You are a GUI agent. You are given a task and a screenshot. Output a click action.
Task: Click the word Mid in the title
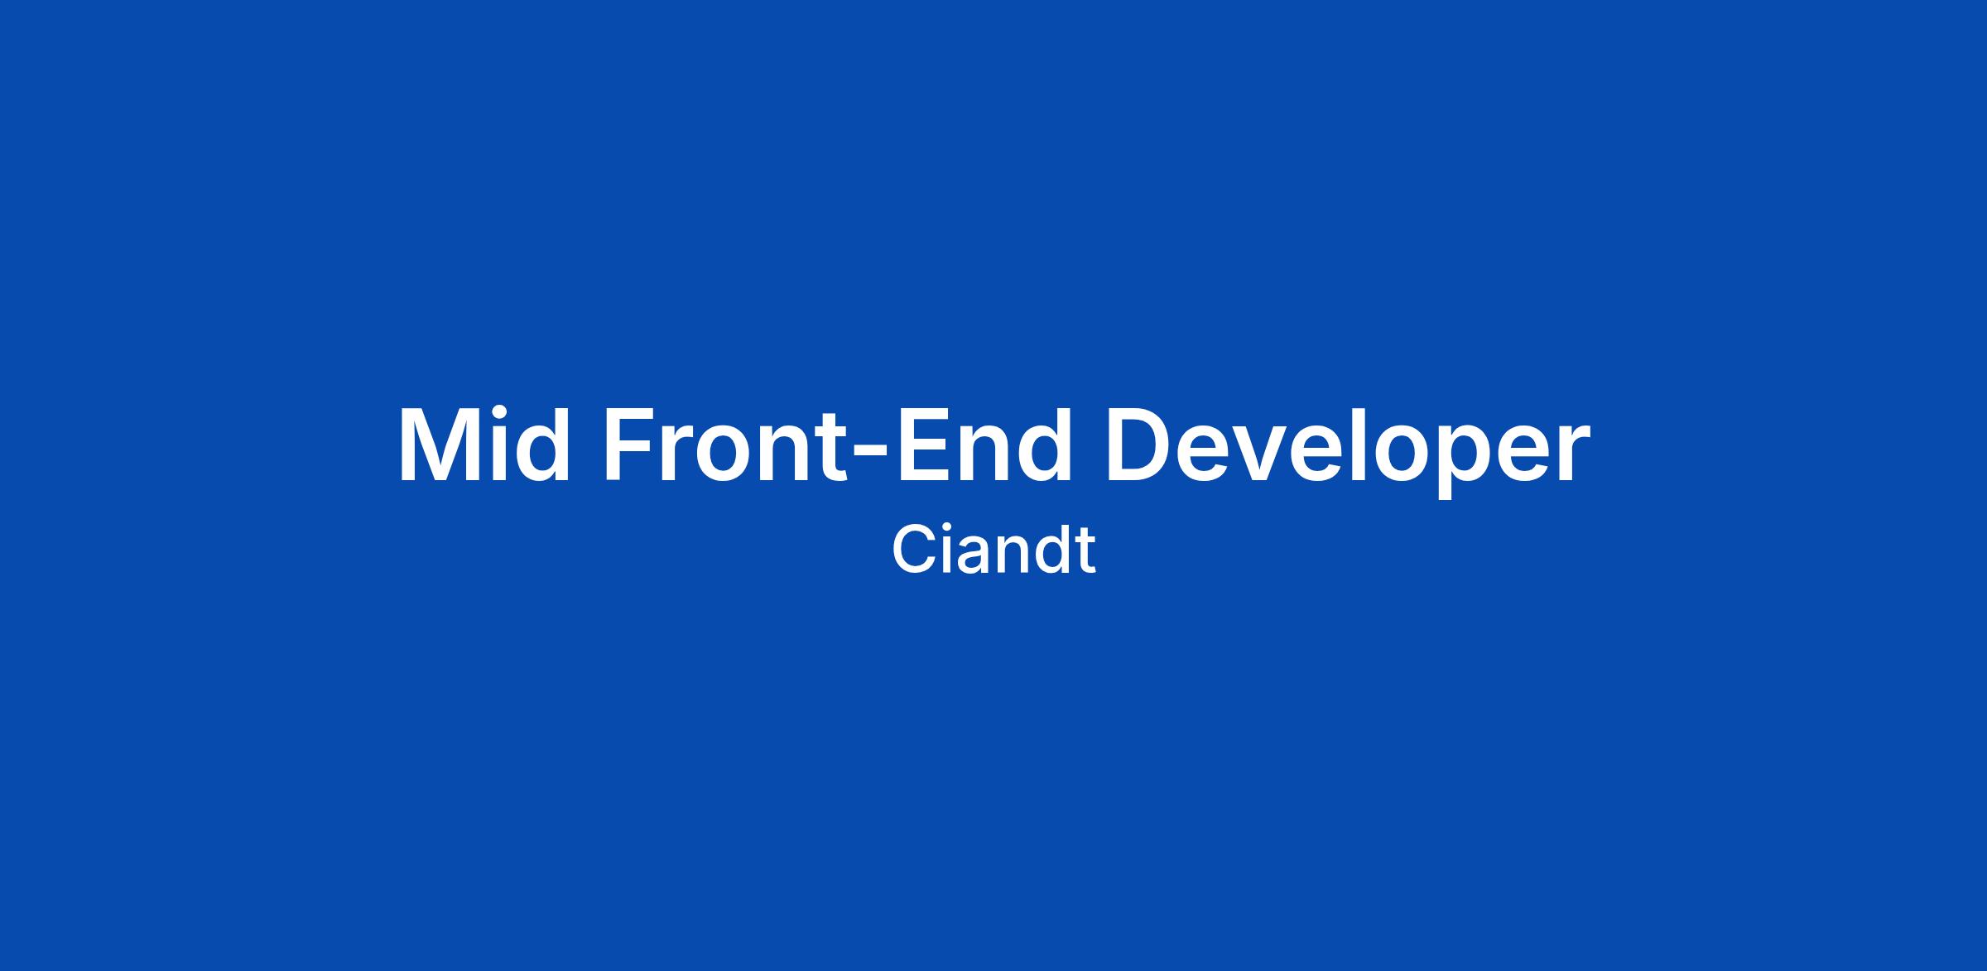(484, 445)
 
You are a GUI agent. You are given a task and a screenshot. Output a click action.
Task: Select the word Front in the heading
(728, 445)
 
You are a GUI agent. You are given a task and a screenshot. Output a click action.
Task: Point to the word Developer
(1348, 452)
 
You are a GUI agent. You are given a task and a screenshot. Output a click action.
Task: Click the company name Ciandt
(993, 550)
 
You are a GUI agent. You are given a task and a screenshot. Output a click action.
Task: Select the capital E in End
(921, 445)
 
